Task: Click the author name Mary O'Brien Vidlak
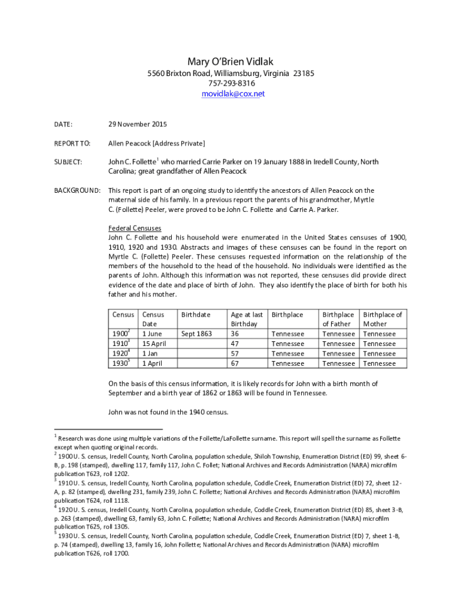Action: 230,62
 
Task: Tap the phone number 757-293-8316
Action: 230,83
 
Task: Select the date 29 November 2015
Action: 138,125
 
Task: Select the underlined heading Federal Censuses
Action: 134,228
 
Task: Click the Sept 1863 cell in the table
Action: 196,333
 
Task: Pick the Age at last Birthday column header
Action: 247,319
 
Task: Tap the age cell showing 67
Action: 235,363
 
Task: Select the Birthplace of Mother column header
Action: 383,319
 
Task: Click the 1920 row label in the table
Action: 121,353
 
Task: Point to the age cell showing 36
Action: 235,333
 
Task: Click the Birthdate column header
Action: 196,314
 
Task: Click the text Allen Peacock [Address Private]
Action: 156,144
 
